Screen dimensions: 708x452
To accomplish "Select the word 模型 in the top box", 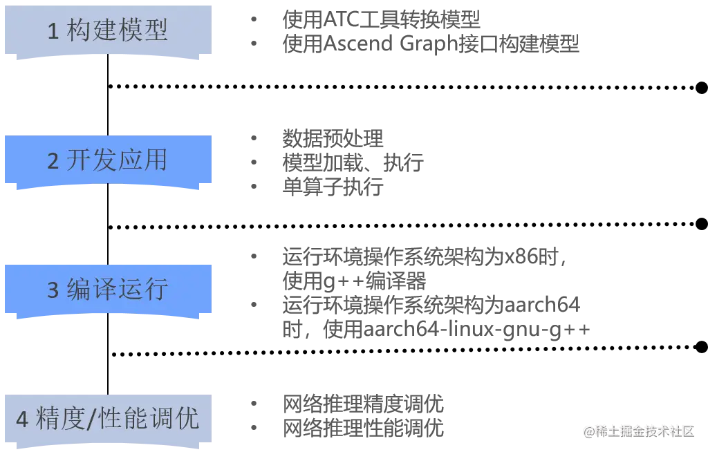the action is (142, 31).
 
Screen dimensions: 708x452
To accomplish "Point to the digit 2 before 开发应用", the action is (53, 161).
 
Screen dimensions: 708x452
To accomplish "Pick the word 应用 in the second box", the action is (142, 160).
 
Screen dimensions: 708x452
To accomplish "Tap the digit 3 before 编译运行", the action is (53, 290).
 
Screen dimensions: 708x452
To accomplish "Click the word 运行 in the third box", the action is (142, 289).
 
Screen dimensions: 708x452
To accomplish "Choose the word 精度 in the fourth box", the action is (61, 419).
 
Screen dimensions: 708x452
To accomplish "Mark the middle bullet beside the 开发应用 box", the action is (254, 160).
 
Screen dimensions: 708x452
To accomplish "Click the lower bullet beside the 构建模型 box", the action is (254, 44).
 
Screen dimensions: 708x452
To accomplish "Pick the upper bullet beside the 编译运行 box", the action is (254, 254).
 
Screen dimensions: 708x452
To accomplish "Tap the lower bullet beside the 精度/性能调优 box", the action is (254, 424).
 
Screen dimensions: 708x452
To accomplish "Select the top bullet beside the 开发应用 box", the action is (254, 138).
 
